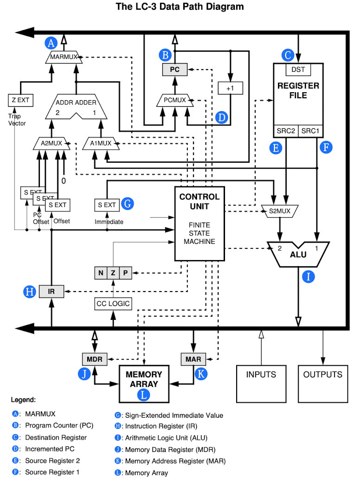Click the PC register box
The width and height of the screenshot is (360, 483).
174,70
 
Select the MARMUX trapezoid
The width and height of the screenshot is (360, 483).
64,57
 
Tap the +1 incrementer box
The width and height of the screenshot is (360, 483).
230,88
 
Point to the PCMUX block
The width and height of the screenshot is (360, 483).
175,100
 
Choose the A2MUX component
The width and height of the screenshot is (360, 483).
51,143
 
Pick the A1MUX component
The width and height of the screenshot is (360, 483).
101,143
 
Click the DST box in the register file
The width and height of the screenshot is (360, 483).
298,70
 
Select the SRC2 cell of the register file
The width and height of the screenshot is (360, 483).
286,131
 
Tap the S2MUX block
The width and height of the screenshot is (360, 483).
280,211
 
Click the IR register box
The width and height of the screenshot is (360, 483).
51,292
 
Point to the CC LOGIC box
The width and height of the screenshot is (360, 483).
113,304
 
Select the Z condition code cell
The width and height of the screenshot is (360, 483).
113,273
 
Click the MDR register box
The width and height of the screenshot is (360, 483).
95,359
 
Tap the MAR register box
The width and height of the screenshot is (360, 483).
193,359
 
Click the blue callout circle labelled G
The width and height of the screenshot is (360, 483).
128,203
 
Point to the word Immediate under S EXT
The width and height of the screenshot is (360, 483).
109,222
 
